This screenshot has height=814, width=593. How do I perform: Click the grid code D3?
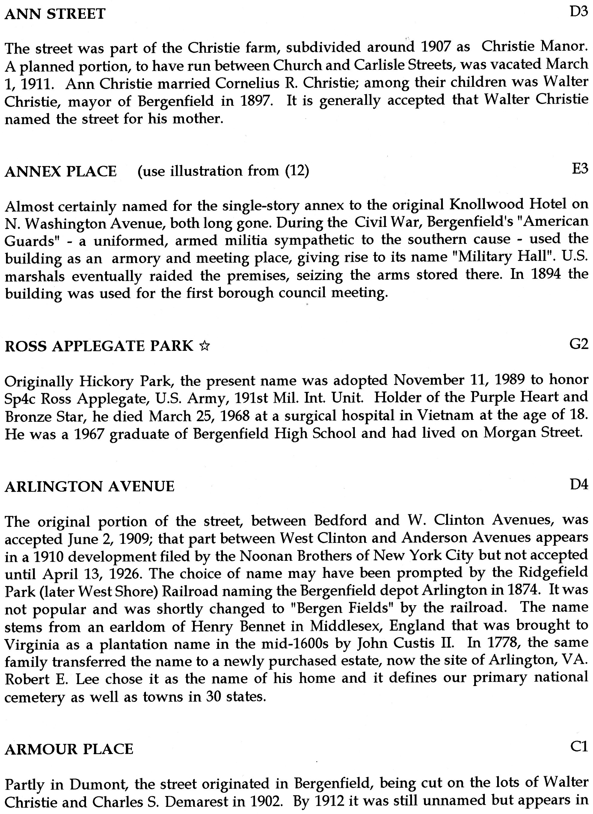point(579,12)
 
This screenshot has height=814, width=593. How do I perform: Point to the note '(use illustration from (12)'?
point(223,171)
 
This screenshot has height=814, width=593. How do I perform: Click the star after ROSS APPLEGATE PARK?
point(205,346)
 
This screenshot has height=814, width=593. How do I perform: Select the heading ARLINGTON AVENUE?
point(90,487)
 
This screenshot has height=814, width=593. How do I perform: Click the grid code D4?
point(579,485)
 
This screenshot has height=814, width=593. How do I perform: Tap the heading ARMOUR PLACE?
point(69,749)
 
